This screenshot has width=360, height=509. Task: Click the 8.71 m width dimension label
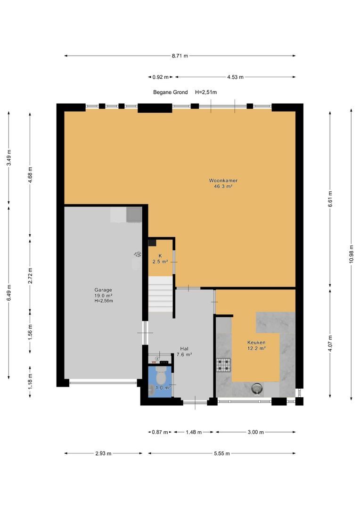180,56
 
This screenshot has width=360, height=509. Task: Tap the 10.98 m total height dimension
351,254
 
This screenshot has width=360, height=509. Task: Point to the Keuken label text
256,343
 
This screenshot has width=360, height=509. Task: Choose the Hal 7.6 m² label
184,352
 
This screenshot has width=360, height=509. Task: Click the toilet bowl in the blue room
160,376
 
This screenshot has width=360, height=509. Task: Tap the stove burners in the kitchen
224,364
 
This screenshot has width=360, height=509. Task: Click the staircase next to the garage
160,294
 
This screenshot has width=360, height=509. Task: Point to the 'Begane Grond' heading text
171,92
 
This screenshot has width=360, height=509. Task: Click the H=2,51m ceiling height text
206,92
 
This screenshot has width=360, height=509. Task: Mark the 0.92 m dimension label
160,77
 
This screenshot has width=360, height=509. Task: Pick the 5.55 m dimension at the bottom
222,453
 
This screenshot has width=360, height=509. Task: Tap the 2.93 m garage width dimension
103,453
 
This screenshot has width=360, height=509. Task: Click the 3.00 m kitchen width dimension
255,432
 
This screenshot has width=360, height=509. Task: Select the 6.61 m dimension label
330,199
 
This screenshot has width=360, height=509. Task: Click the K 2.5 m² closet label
160,259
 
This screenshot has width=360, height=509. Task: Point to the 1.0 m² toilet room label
163,387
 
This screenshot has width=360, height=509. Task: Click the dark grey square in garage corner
134,215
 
